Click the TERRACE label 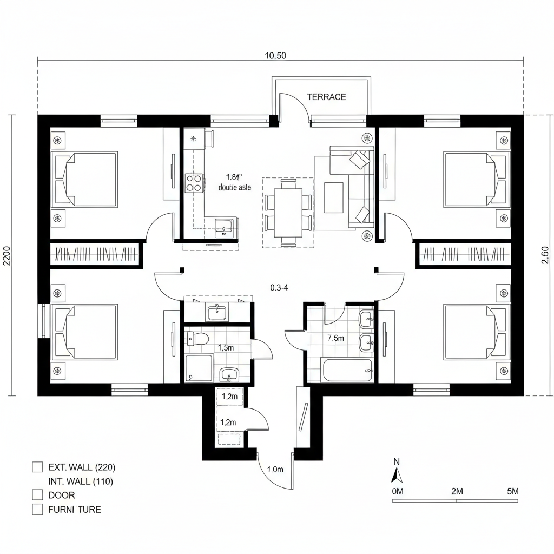coord(326,97)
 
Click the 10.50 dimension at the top coord(275,55)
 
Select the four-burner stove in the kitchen coord(194,182)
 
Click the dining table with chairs coord(288,212)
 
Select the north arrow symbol coord(397,474)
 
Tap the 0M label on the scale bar coord(398,491)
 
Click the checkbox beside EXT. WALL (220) coord(37,466)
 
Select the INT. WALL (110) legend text coord(81,481)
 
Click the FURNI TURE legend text coord(74,509)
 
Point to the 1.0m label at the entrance coord(275,470)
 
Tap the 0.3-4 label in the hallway coord(279,288)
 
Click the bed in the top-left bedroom coord(84,180)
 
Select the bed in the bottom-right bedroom coord(476,332)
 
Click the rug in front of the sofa coord(333,197)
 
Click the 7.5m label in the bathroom coord(335,338)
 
